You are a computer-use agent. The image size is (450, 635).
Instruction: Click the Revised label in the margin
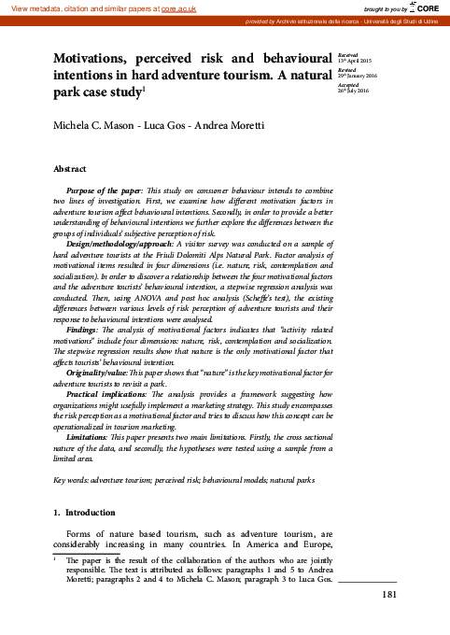click(x=346, y=70)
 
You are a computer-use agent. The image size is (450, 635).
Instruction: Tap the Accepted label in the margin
click(x=348, y=84)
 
